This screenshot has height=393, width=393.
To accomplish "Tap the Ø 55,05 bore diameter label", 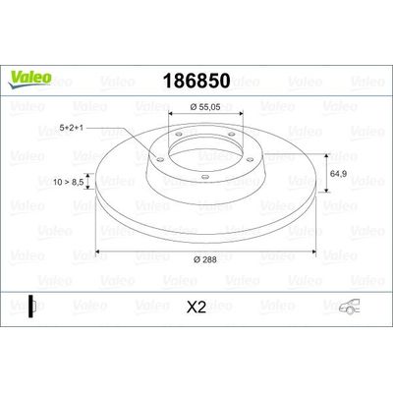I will [205, 106].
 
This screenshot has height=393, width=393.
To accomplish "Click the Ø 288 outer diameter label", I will [206, 257].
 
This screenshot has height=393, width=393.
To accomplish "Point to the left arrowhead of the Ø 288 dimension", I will [98, 247].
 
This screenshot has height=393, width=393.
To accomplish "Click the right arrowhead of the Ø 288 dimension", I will [314, 247].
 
